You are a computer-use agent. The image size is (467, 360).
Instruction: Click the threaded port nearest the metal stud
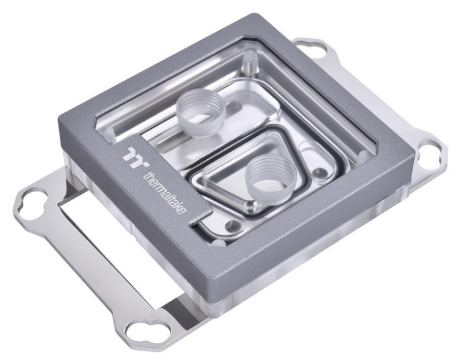(x=201, y=112)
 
